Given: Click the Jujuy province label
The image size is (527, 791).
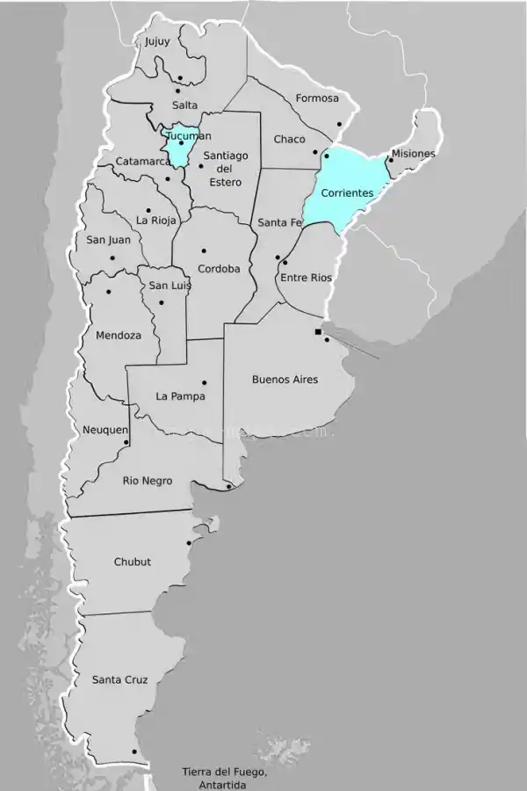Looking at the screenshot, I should [158, 40].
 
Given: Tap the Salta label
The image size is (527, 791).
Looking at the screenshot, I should [185, 105].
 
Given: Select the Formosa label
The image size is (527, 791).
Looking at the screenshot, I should [317, 98].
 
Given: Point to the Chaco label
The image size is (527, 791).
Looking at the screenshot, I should [289, 139].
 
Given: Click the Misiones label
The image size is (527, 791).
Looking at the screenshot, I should [413, 154].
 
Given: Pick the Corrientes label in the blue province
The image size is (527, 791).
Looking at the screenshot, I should [347, 192].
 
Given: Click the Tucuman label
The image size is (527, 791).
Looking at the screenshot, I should [188, 136].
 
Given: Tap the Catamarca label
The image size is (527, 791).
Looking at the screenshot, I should [143, 162].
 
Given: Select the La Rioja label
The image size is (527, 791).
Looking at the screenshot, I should [157, 220].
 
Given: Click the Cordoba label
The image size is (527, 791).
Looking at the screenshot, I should [219, 269].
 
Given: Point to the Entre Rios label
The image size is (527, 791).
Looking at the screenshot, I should [307, 278].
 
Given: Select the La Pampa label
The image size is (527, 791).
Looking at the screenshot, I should [180, 396].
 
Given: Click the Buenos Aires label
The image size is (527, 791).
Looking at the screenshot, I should [285, 380].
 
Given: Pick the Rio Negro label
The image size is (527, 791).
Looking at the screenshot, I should [148, 481].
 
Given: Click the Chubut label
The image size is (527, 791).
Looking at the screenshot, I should [132, 562].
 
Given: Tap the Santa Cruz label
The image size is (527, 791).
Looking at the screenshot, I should [119, 679].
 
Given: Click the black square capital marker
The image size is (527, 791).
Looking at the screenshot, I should [318, 331].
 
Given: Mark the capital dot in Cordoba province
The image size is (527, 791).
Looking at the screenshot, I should [204, 250].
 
